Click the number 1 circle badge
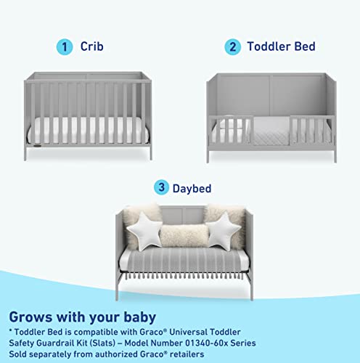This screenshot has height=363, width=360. [67, 46]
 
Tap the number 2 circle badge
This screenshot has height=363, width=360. [234, 46]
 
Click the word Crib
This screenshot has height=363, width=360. [91, 47]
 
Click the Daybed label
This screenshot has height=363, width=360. [192, 188]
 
